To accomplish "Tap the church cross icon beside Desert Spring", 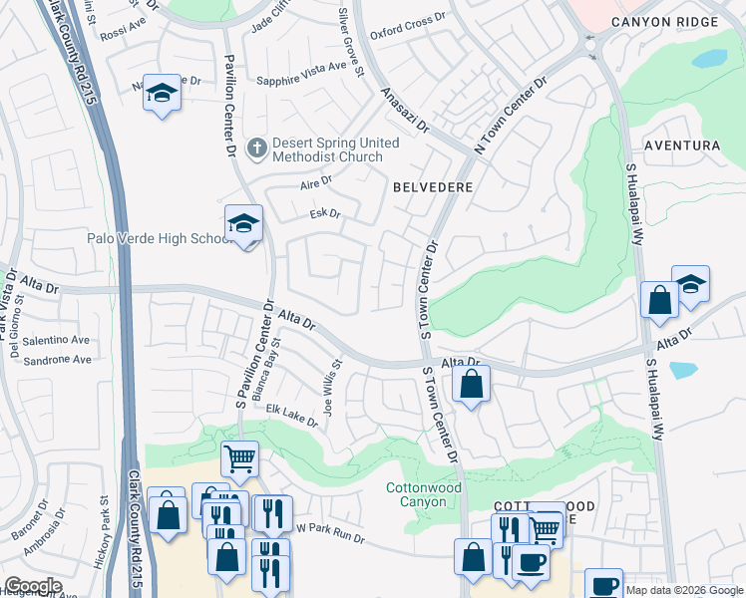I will click(256, 149).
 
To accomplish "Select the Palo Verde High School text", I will click(160, 238).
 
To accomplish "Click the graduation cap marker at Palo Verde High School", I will click(243, 224).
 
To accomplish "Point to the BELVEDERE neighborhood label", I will click(432, 186).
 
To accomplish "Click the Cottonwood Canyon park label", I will click(424, 495).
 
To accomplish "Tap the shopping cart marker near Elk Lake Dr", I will click(239, 459).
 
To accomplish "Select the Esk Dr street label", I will click(325, 213).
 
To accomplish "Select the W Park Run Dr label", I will click(330, 533).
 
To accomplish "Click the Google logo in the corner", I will click(33, 586).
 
